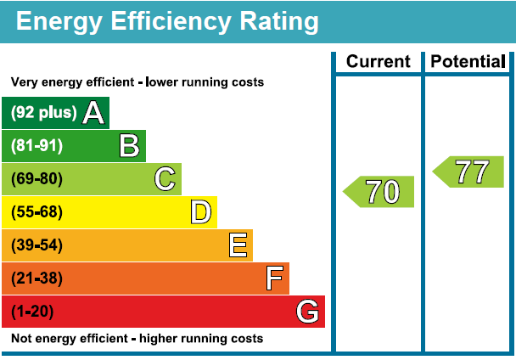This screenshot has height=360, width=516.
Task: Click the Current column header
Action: click(x=379, y=62)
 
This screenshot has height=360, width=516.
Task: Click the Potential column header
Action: click(x=468, y=62)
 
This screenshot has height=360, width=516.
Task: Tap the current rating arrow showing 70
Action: click(x=379, y=192)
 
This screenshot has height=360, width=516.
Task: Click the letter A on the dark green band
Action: click(x=93, y=112)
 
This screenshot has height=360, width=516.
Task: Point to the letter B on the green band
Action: click(x=129, y=145)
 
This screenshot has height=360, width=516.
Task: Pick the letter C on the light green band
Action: click(x=165, y=179)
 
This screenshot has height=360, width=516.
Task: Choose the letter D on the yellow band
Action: click(x=200, y=212)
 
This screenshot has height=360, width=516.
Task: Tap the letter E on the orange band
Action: click(x=238, y=245)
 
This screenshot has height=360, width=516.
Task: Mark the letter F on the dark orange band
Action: click(x=274, y=278)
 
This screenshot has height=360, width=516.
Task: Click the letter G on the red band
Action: click(x=307, y=312)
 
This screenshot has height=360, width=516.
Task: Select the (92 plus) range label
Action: click(x=43, y=112)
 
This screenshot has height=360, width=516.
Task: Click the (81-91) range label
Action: click(x=36, y=145)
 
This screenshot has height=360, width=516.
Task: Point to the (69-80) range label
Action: click(x=36, y=179)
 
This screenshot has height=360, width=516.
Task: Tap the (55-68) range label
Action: click(x=36, y=212)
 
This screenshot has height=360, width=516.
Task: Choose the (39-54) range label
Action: click(x=36, y=245)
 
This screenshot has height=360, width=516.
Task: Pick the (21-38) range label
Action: click(x=36, y=278)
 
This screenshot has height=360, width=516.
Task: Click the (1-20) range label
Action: click(x=32, y=312)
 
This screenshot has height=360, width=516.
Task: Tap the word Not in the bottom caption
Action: click(x=20, y=339)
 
